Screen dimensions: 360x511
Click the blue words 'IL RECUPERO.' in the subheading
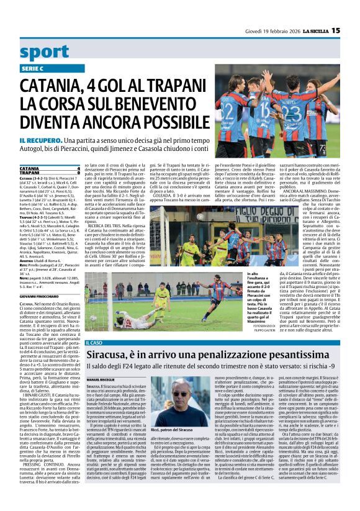[x=38, y=142]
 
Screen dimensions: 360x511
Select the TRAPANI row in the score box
[x=30, y=172]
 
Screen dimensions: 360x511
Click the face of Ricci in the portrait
[x=181, y=398]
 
